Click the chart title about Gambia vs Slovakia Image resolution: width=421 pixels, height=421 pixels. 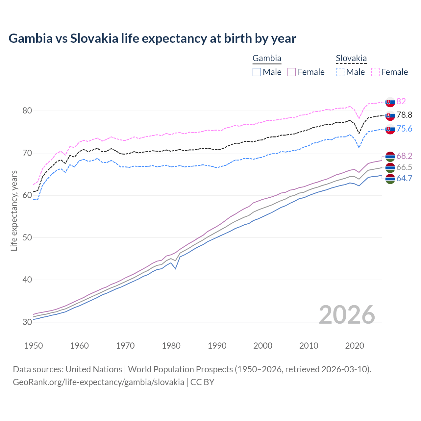point(152,38)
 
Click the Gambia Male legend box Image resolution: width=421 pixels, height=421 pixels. point(257,72)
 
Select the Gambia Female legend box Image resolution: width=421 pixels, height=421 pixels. point(292,72)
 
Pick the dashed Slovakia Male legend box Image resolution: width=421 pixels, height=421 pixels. point(340,72)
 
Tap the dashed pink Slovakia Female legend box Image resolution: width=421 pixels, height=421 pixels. point(375,72)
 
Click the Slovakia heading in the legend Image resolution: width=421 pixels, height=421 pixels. point(351,59)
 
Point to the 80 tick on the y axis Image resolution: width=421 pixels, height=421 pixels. point(27,111)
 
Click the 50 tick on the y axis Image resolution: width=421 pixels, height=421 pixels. point(27,237)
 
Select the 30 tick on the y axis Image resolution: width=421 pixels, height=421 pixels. point(27,322)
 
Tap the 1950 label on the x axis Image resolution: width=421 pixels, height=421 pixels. point(34,346)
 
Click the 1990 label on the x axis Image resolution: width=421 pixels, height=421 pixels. point(217,346)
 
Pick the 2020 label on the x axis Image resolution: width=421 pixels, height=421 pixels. point(355,346)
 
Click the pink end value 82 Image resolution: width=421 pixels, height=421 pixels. point(401,101)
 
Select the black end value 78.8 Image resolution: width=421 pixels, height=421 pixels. point(404,115)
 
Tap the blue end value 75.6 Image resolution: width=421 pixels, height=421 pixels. point(404,129)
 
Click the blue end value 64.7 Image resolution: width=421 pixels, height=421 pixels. point(404,178)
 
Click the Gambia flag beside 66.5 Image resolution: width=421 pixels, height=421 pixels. point(390,167)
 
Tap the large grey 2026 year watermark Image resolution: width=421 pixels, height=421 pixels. point(347,315)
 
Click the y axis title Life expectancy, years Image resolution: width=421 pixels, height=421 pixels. point(14,210)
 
